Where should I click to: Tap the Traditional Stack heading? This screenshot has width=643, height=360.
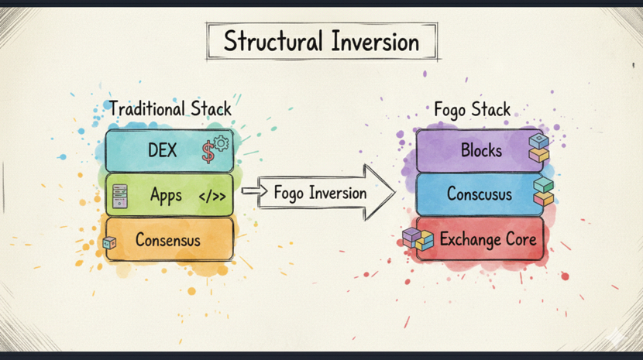click(170, 108)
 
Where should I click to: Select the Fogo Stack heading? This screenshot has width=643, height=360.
click(472, 110)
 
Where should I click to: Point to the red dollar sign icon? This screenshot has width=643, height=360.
click(208, 152)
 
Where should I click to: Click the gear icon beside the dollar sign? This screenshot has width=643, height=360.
click(222, 142)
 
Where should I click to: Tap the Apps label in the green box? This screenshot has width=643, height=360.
click(166, 195)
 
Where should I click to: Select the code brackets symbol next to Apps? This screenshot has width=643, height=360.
click(212, 197)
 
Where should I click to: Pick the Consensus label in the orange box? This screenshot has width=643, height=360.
click(168, 240)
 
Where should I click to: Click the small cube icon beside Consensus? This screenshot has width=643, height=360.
click(109, 242)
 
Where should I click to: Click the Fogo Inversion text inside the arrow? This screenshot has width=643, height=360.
click(320, 193)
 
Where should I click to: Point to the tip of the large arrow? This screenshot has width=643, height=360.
click(393, 193)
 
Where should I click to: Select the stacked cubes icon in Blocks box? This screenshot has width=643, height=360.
click(538, 149)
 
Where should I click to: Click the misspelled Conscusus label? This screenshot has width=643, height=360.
click(478, 194)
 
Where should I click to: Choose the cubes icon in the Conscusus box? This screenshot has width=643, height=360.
click(543, 192)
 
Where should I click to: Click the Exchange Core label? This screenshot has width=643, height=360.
click(487, 239)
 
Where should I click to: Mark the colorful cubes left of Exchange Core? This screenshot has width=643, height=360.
click(418, 239)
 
